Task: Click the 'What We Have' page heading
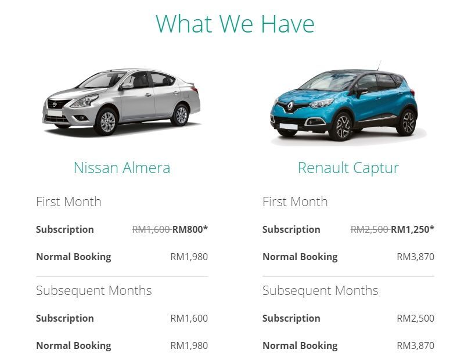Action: click(235, 24)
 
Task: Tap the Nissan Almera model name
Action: click(122, 168)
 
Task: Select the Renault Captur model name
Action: click(348, 168)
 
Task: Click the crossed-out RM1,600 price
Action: click(151, 229)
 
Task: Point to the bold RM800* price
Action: click(190, 229)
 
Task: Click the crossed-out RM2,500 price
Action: click(369, 229)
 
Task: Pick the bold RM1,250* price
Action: click(412, 229)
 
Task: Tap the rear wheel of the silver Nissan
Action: click(181, 114)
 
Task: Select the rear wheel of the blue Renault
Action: click(408, 122)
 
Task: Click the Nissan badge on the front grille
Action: click(55, 104)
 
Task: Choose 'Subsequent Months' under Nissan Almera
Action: click(93, 291)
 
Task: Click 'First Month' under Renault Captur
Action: click(295, 202)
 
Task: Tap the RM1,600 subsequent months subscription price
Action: click(189, 318)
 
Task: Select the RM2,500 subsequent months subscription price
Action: click(415, 318)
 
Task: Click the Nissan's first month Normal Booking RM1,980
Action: click(189, 257)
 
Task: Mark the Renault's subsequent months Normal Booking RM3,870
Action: click(415, 345)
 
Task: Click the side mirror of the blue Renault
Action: click(362, 91)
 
